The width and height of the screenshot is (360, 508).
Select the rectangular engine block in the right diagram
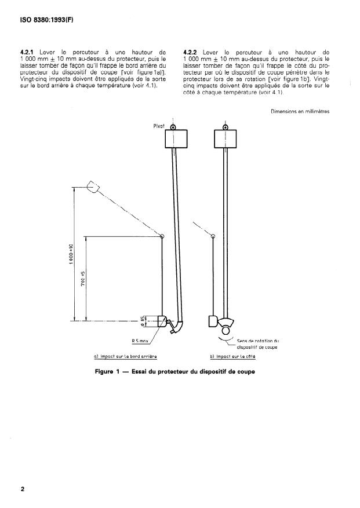(226, 139)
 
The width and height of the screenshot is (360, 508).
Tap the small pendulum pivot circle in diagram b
(213, 236)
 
